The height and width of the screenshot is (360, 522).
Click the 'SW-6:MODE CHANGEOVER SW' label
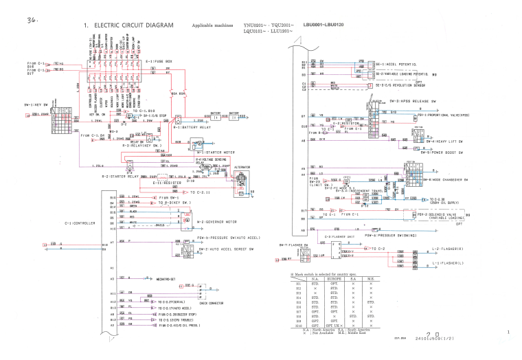(x=436, y=179)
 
